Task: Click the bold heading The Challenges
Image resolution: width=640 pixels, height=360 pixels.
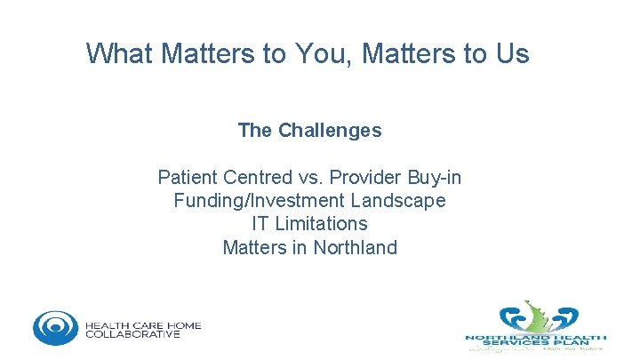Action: coord(309,131)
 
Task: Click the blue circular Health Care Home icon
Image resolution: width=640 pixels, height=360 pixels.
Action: coord(55,328)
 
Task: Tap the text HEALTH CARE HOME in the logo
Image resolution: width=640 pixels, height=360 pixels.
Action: coord(143,325)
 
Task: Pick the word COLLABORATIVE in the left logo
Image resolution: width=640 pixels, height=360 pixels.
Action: coord(132,335)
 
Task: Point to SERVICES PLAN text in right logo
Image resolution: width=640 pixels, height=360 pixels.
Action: coord(537,343)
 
